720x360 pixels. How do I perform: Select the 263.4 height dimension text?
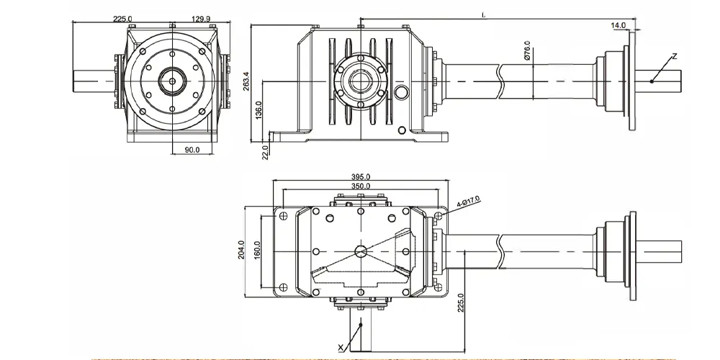(246, 81)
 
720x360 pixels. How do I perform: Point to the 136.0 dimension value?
(258, 110)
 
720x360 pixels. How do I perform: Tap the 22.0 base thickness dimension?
(265, 153)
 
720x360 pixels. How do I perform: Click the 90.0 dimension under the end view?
(192, 150)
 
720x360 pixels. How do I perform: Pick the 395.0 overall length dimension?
(361, 177)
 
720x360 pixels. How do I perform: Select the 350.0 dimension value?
(361, 186)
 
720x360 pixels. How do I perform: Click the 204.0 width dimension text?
(241, 250)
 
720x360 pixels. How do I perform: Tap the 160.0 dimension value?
(257, 250)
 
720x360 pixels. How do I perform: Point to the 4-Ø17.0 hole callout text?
(469, 202)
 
